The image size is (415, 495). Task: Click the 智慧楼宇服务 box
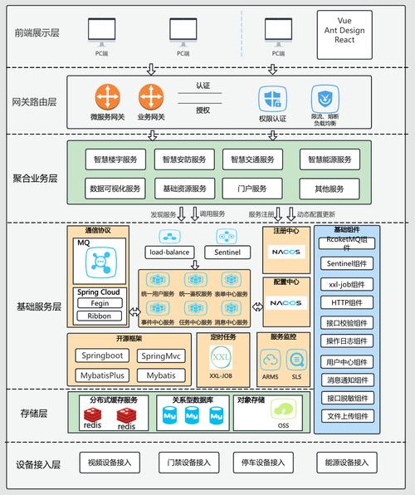click(x=116, y=159)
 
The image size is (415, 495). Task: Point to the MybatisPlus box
click(x=101, y=375)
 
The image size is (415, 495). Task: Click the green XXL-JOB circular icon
click(x=221, y=359)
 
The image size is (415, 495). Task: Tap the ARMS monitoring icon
click(x=271, y=359)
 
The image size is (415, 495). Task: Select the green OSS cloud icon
click(x=285, y=409)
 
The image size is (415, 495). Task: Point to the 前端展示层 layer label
click(x=37, y=32)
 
